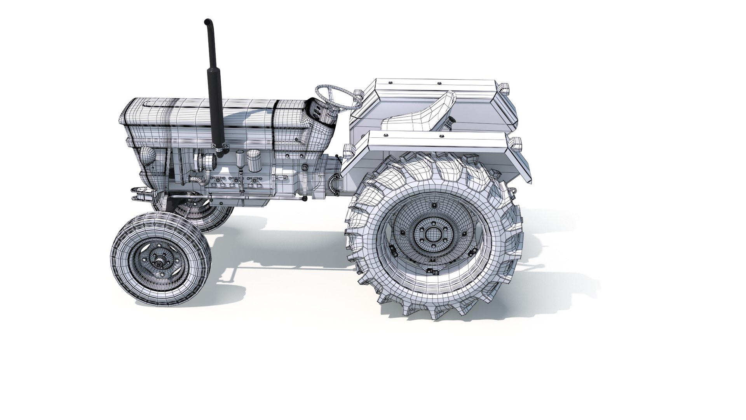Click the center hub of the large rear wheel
pyautogui.click(x=431, y=233)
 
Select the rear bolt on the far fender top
pyautogui.click(x=439, y=83)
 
